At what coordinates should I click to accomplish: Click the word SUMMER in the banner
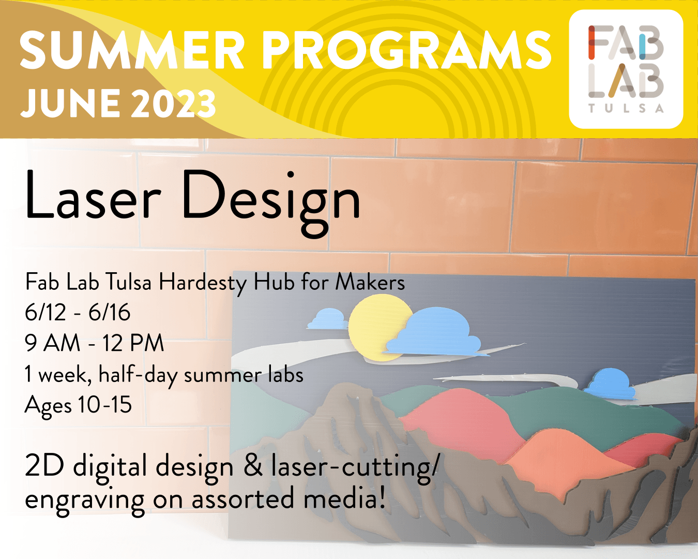click(132, 50)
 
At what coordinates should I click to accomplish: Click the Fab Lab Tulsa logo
click(626, 69)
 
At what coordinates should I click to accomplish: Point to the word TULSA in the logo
click(626, 108)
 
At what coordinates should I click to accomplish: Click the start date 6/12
click(45, 313)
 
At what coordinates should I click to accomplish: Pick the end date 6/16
click(110, 313)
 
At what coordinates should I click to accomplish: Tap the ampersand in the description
click(253, 465)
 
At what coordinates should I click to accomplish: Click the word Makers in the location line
click(370, 282)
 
